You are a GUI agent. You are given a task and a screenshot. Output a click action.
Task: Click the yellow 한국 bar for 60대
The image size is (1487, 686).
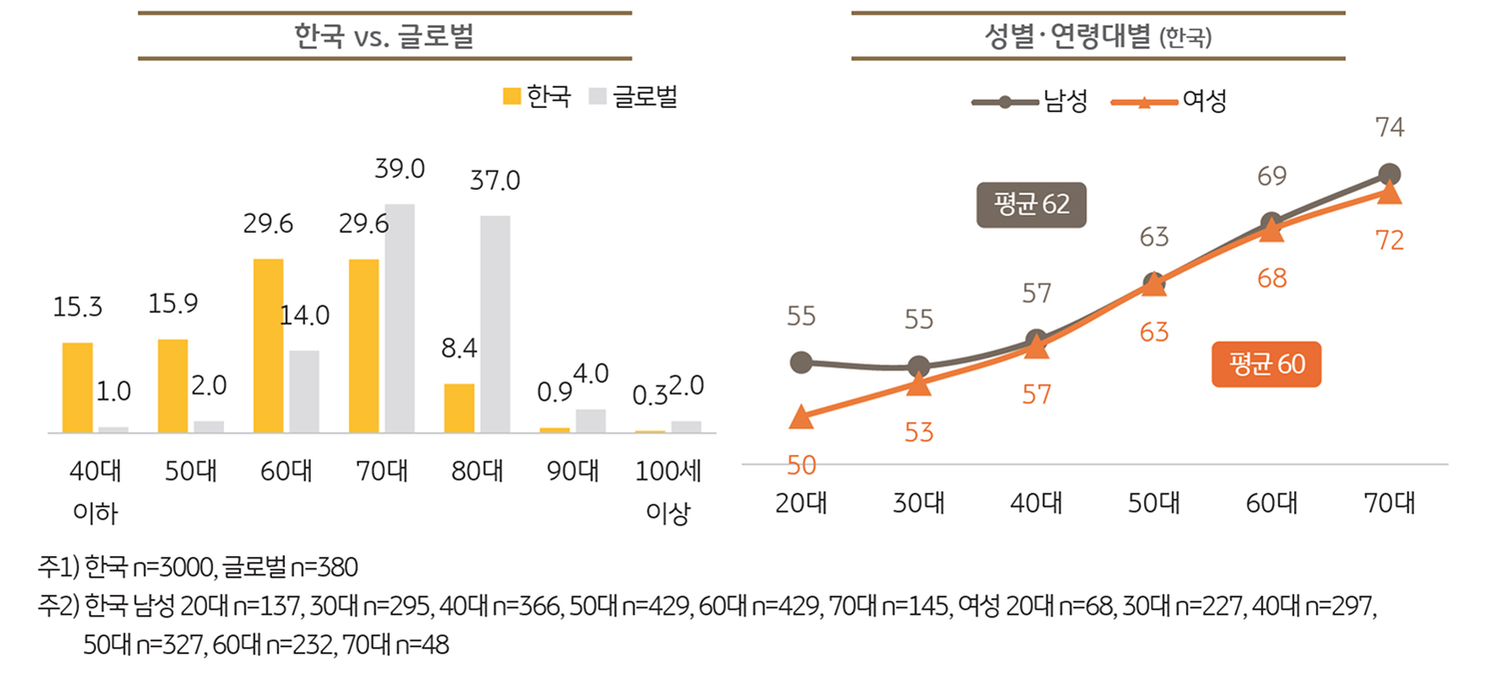pyautogui.click(x=269, y=345)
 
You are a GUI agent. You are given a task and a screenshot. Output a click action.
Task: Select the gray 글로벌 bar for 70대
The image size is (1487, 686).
pyautogui.click(x=400, y=319)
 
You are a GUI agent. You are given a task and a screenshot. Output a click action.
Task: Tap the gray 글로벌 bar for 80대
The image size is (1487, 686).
pyautogui.click(x=495, y=325)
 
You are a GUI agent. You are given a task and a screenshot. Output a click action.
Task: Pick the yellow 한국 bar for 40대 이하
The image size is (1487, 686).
pyautogui.click(x=78, y=387)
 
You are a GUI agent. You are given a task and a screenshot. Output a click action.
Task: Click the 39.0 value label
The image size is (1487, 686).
pyautogui.click(x=400, y=170)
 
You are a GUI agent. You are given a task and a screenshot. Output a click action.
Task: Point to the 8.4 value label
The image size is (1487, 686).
pyautogui.click(x=461, y=349)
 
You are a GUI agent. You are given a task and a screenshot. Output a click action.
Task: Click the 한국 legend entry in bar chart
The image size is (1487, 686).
pyautogui.click(x=537, y=97)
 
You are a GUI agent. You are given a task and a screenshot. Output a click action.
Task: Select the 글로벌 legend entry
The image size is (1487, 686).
pyautogui.click(x=634, y=97)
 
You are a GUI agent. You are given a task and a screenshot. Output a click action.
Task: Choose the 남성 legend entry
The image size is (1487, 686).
pyautogui.click(x=1030, y=101)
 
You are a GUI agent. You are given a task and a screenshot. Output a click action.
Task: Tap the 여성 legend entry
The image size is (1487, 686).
pyautogui.click(x=1169, y=101)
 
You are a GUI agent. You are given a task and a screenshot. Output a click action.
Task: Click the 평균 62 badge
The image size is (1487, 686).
pyautogui.click(x=1031, y=205)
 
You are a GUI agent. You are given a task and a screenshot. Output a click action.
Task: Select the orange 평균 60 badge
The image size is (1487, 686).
pyautogui.click(x=1266, y=364)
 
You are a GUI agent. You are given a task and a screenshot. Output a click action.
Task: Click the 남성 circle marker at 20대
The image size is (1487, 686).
pyautogui.click(x=801, y=361)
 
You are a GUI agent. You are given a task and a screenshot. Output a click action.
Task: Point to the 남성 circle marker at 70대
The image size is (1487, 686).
pyautogui.click(x=1389, y=175)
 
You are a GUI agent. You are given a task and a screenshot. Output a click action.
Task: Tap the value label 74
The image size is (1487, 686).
pyautogui.click(x=1389, y=128)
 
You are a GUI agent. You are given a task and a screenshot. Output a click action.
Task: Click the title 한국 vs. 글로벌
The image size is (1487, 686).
pyautogui.click(x=385, y=36)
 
